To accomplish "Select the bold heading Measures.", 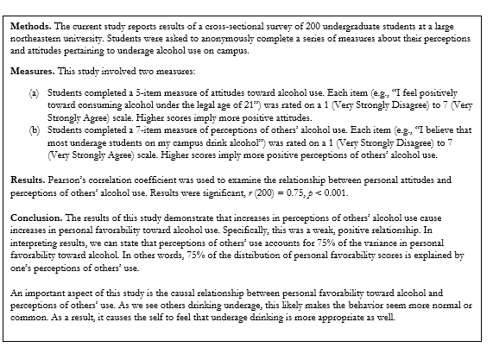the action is click(32, 67).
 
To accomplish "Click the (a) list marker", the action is click(35, 87).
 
